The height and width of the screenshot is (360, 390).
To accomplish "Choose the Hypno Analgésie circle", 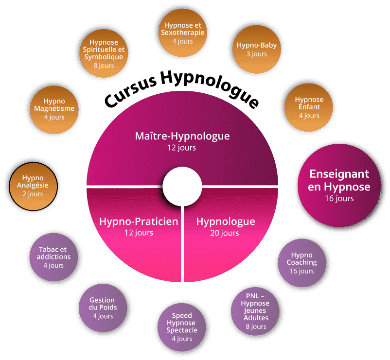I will click(x=33, y=185).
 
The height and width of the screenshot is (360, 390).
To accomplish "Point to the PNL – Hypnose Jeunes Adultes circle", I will click(x=255, y=311).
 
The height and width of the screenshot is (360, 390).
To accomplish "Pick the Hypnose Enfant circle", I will click(x=309, y=107).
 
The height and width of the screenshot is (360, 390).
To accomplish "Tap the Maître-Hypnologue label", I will click(x=182, y=136).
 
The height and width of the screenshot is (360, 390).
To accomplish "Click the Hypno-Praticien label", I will click(x=139, y=222).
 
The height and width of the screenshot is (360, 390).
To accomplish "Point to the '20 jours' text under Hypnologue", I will click(x=225, y=233).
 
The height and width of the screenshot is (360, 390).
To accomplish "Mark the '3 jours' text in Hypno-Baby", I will click(x=257, y=54).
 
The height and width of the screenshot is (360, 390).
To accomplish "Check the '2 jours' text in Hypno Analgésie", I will click(x=33, y=194).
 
